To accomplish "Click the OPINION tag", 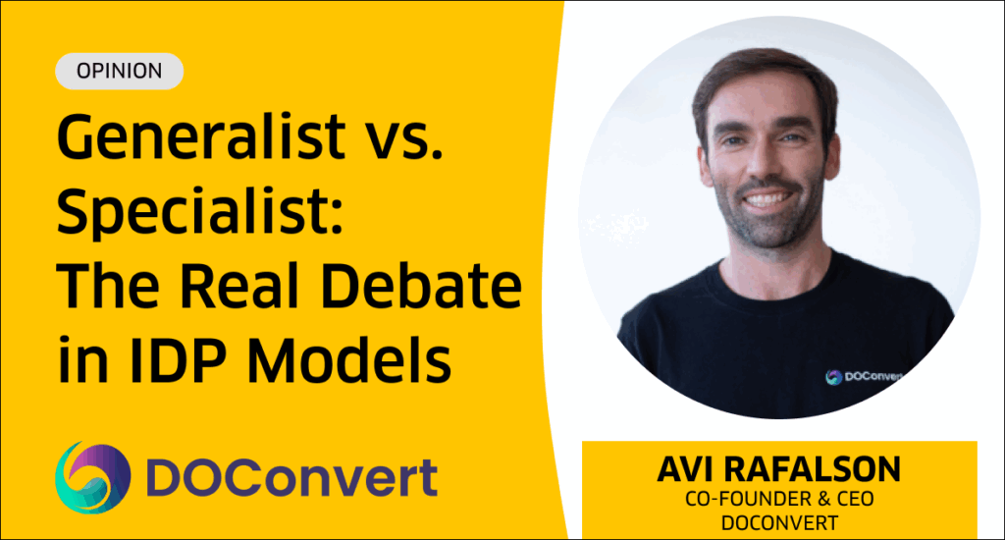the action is point(119,71).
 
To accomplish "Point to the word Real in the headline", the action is point(239,284).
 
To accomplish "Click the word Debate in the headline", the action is point(421,284).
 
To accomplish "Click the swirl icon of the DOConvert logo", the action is point(93,477).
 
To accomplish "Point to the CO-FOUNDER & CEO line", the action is point(779,499).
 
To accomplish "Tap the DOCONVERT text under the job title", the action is point(779,523).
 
